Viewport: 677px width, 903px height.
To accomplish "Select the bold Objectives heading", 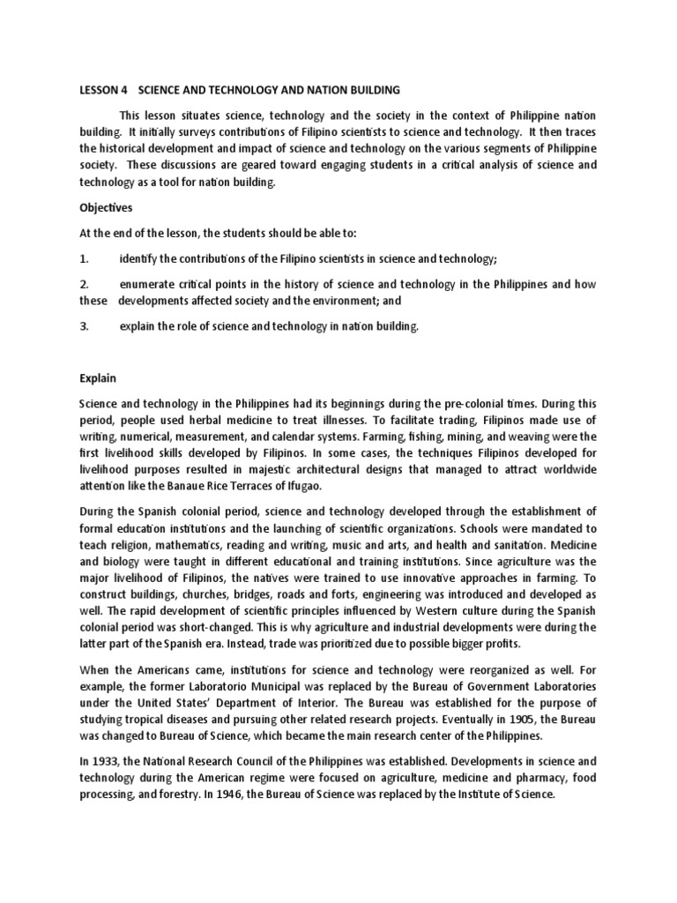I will click(108, 208).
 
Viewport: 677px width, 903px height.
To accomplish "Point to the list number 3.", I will click(85, 326).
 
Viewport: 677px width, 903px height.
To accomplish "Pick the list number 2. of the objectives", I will click(85, 284).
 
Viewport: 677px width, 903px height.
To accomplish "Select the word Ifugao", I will click(328, 485).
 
